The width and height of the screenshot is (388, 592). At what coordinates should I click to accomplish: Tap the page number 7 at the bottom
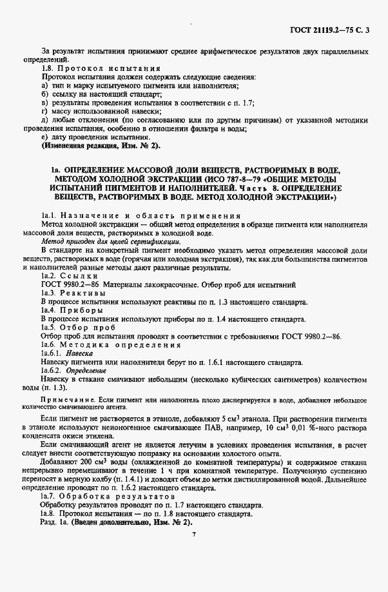[193, 534]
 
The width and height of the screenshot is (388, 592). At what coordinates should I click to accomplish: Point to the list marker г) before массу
[44, 111]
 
